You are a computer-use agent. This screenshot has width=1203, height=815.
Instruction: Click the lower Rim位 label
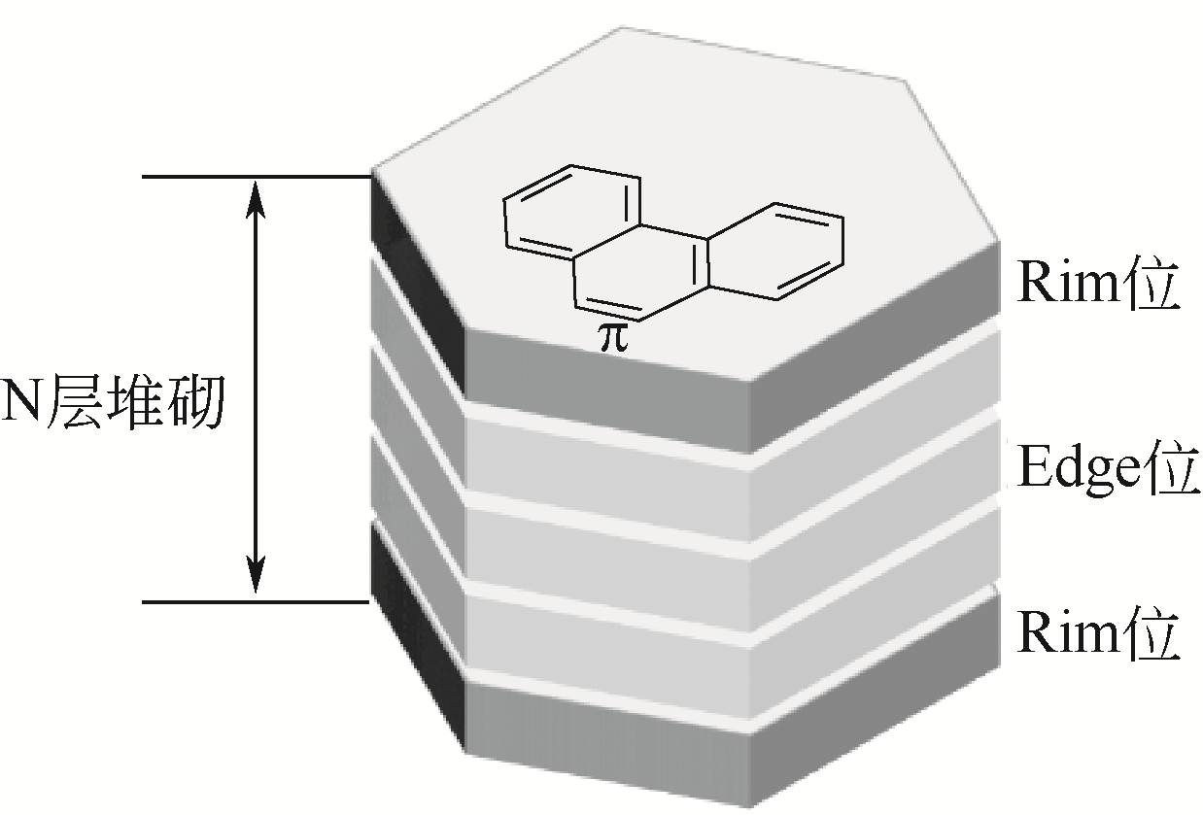[1098, 636]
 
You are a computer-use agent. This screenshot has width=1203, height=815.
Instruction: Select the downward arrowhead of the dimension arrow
[255, 575]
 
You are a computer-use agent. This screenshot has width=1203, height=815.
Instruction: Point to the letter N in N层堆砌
[21, 400]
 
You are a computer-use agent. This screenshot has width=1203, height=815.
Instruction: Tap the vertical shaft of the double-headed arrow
[255, 389]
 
